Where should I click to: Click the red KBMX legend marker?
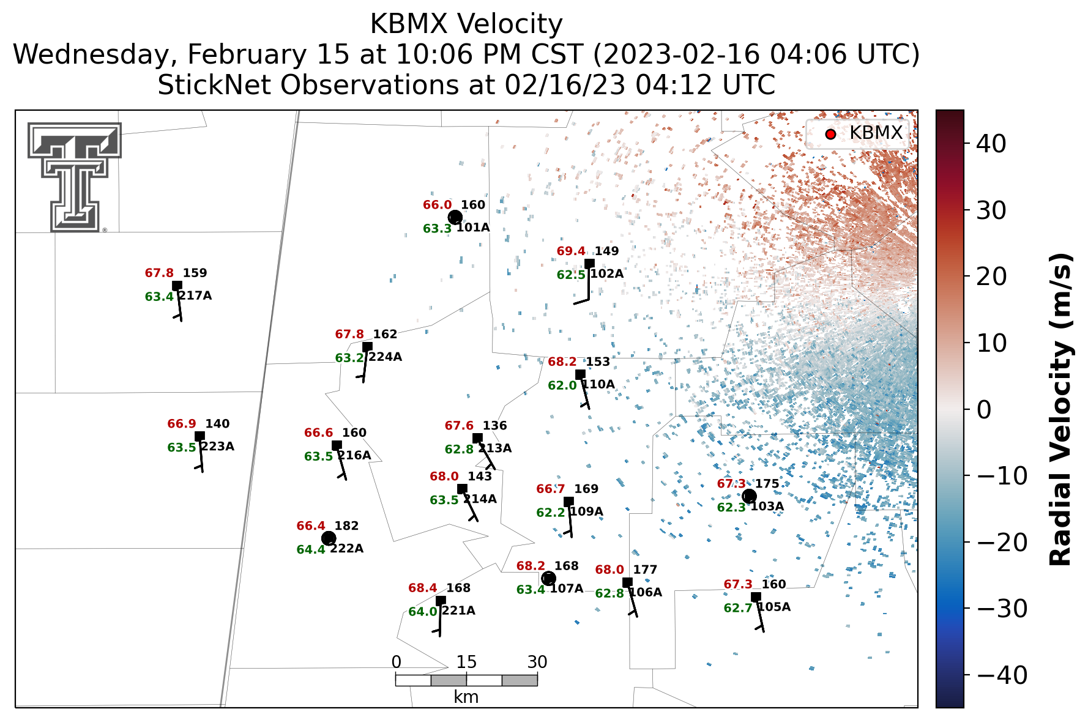[x=830, y=134]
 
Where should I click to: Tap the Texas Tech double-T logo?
[x=74, y=177]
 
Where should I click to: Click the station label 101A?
[x=473, y=228]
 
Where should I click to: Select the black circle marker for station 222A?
[x=329, y=538]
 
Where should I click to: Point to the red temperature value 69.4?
[x=571, y=251]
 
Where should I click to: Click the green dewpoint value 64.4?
[x=311, y=549]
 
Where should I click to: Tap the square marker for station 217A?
[x=177, y=286]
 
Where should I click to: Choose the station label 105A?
[x=774, y=607]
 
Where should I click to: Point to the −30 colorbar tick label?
[x=1001, y=609]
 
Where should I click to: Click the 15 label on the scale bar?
[x=466, y=662]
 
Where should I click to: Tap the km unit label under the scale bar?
[x=466, y=697]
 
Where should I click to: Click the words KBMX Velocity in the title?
[x=466, y=24]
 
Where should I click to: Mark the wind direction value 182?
[x=346, y=526]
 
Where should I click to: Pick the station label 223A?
[x=217, y=447]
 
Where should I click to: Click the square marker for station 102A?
[x=589, y=264]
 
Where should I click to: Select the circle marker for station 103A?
[x=749, y=496]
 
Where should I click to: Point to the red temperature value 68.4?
[x=423, y=588]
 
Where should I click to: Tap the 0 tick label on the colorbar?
[x=983, y=410]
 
